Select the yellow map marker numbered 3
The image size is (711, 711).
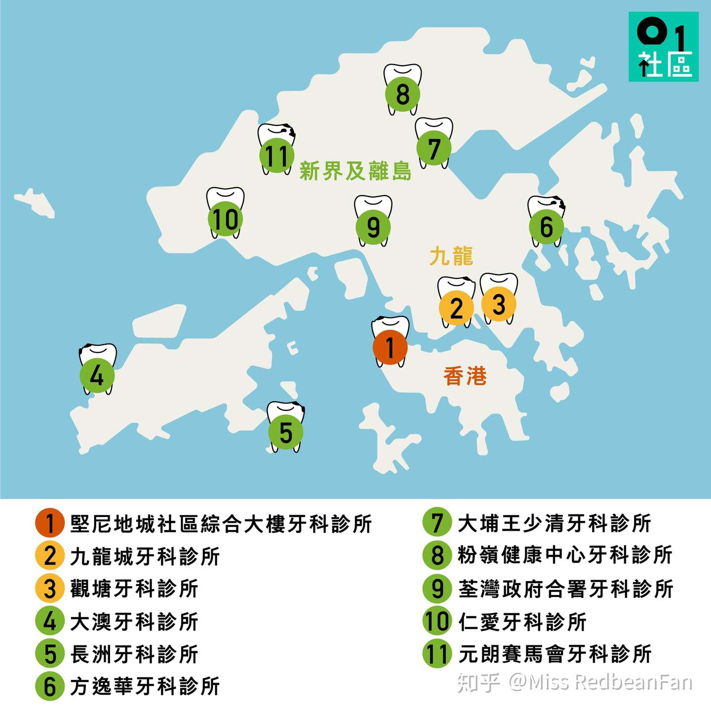[499, 304]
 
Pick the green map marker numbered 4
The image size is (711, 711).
[97, 375]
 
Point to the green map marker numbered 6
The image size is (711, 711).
[546, 227]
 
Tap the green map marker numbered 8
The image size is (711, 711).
[403, 94]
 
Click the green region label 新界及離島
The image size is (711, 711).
[355, 171]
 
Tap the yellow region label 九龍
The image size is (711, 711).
[451, 256]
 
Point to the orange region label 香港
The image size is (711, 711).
[465, 376]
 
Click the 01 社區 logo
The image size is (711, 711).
[663, 47]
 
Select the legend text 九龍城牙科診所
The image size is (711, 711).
[145, 556]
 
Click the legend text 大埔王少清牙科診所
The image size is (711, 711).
[554, 523]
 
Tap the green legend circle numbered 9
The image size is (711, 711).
[437, 589]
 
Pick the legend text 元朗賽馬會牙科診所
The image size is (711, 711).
[555, 654]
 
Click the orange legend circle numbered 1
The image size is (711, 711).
[50, 523]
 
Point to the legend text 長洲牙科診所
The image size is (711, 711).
[134, 654]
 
